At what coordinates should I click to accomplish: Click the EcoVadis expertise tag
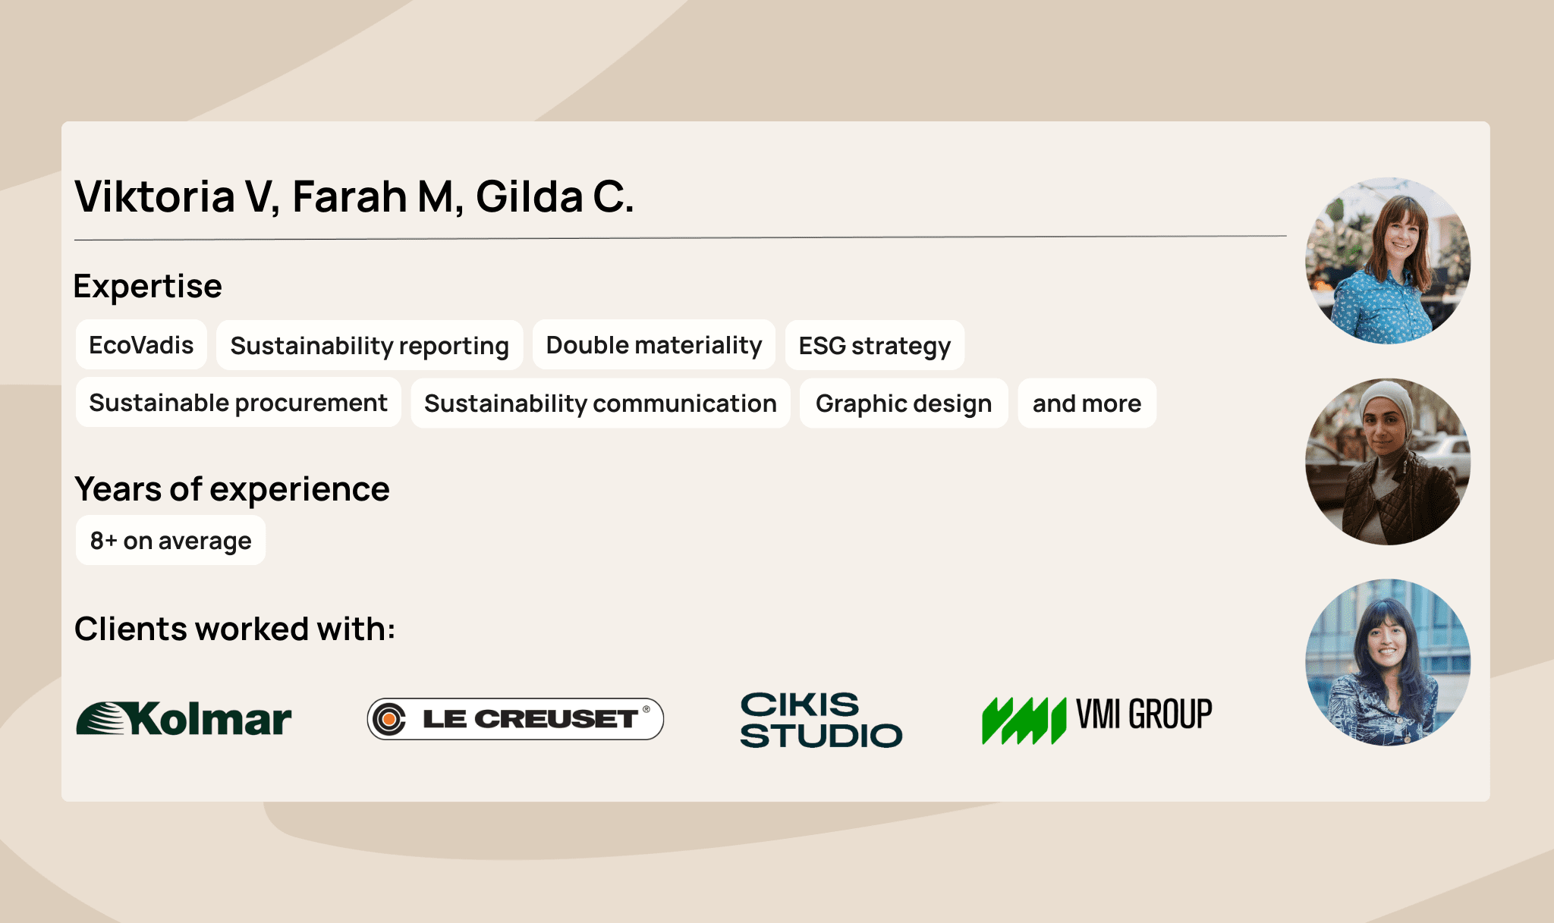[x=141, y=345]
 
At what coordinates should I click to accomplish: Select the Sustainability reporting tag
[x=370, y=346]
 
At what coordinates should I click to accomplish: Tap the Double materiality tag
[x=653, y=345]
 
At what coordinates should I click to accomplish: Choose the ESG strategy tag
[x=874, y=346]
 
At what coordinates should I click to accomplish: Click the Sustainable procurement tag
[x=238, y=403]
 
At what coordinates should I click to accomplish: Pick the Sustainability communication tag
[x=600, y=403]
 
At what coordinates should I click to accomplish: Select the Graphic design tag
[x=903, y=403]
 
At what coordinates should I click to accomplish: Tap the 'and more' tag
[x=1087, y=403]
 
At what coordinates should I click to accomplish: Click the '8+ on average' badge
[x=171, y=541]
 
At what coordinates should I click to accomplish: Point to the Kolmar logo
[x=184, y=719]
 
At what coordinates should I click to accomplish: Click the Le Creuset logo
[x=515, y=719]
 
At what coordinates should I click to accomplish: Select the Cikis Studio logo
[x=821, y=721]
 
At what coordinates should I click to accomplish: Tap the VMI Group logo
[x=1096, y=719]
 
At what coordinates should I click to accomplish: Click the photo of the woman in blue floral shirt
[x=1387, y=261]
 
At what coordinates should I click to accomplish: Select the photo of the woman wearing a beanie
[x=1387, y=462]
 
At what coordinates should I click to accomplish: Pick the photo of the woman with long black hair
[x=1387, y=662]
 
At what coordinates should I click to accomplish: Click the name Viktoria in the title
[x=155, y=197]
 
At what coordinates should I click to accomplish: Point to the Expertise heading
[x=148, y=287]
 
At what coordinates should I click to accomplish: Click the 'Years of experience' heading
[x=232, y=489]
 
